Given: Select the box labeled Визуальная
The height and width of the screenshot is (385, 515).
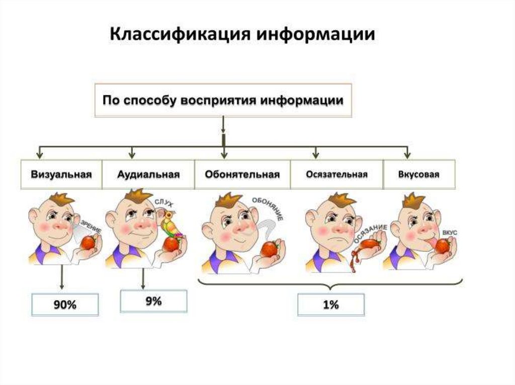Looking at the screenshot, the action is (x=61, y=175).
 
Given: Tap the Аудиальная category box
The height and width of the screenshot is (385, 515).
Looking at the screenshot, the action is (x=148, y=175).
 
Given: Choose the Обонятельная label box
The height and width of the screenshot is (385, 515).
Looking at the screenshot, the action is (x=242, y=175).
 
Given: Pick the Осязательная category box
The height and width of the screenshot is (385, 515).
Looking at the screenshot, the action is (x=336, y=175).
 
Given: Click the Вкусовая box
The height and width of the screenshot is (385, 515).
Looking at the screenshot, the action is (x=419, y=175).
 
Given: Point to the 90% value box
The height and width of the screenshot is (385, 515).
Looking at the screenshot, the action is (x=65, y=304).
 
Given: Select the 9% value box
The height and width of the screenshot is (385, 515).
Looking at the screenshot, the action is (x=153, y=301).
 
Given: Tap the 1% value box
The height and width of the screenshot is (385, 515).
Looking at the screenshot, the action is (x=331, y=304).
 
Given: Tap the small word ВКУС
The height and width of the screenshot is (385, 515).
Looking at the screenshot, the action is (x=449, y=233).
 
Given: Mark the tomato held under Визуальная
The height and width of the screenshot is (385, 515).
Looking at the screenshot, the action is (x=89, y=243).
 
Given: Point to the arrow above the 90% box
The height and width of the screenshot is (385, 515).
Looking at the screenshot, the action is (x=61, y=277).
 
